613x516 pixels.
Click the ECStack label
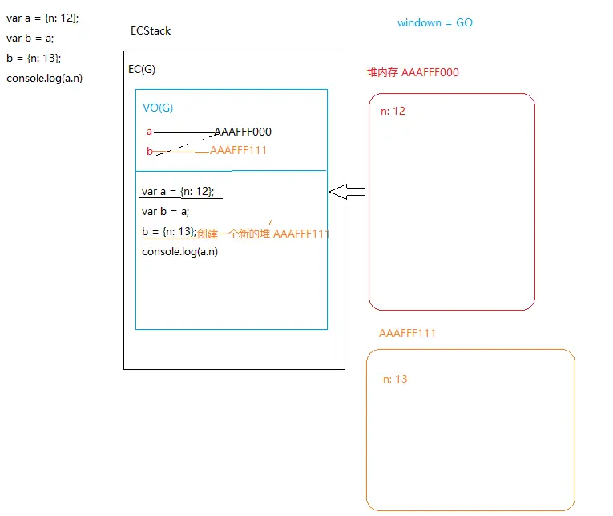point(151,31)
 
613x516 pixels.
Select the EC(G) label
point(142,69)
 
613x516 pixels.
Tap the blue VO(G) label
point(158,108)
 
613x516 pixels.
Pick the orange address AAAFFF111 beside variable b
point(238,150)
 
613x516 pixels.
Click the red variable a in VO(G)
point(149,132)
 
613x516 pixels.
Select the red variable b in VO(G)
point(149,151)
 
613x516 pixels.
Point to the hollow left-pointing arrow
point(347,191)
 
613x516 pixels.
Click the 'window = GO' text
point(435,23)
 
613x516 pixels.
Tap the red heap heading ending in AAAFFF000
point(413,72)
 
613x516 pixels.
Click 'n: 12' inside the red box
point(393,111)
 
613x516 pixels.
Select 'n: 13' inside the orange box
point(395,379)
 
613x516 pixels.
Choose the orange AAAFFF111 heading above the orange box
point(407,333)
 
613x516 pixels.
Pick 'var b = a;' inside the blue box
point(165,212)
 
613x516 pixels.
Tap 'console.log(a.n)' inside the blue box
point(179,251)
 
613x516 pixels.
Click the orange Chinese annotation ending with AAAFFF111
point(263,234)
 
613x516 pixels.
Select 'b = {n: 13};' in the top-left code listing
point(34,58)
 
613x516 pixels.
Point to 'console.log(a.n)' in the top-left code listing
point(44,78)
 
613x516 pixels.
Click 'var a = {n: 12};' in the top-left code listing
point(42,18)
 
